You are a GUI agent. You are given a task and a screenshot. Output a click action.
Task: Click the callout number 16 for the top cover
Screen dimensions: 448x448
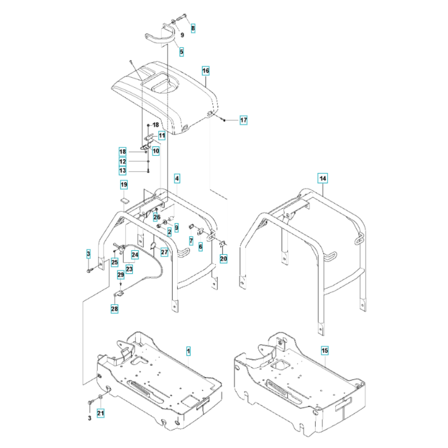[206, 71]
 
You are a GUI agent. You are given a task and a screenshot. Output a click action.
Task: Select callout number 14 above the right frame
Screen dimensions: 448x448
[323, 178]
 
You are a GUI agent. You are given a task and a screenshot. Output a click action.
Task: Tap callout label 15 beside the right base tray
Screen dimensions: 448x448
[325, 350]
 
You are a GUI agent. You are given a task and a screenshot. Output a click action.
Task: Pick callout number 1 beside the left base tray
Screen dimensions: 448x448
[188, 351]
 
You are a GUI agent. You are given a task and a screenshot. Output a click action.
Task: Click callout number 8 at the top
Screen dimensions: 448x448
[193, 28]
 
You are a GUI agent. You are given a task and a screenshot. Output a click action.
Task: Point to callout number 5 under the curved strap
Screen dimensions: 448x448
[182, 52]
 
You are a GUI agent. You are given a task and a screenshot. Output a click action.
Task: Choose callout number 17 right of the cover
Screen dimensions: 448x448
[243, 120]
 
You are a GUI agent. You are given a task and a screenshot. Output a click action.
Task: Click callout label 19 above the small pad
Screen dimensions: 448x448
[124, 185]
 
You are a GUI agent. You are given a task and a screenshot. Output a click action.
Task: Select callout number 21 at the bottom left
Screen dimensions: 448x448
[100, 413]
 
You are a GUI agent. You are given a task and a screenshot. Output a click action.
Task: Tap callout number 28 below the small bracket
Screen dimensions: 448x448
[114, 309]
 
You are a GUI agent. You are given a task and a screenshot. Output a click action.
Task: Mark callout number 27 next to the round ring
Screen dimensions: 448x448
[164, 252]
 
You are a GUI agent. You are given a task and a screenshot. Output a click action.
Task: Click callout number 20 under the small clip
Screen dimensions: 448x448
[224, 258]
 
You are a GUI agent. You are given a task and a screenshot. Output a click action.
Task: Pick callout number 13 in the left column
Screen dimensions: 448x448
[123, 171]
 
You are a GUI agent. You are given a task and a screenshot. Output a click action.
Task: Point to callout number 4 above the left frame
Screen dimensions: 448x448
[177, 179]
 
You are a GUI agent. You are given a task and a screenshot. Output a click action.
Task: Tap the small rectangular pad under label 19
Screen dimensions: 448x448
[124, 200]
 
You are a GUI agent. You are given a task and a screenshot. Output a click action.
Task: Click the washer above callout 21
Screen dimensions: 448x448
[100, 396]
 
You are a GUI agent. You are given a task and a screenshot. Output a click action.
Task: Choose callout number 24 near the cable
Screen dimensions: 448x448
[135, 254]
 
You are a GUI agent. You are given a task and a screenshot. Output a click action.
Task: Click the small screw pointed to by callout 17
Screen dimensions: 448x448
[224, 120]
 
